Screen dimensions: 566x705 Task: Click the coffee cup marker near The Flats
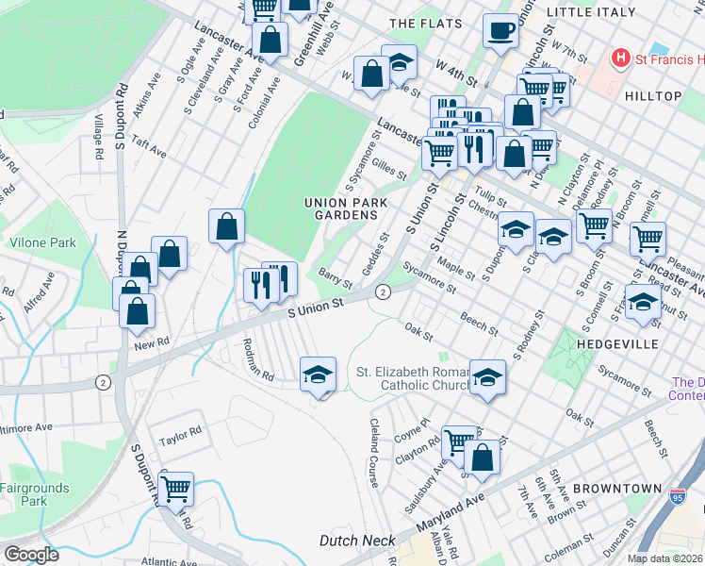click(x=500, y=29)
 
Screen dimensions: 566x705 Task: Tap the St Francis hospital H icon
click(x=620, y=58)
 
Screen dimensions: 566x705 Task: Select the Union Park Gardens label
click(x=340, y=208)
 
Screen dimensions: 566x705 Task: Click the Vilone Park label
click(x=42, y=242)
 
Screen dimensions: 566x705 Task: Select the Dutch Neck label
click(x=356, y=541)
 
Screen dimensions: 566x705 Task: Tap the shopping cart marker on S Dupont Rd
click(x=176, y=489)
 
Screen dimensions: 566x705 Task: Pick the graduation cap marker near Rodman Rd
click(x=318, y=375)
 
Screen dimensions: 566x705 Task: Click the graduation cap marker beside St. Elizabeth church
click(x=487, y=376)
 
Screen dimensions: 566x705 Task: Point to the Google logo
click(x=31, y=555)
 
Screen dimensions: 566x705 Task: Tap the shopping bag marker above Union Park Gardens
click(x=226, y=225)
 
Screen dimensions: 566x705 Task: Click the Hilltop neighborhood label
click(x=652, y=96)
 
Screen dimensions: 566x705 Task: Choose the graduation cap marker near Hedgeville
click(x=643, y=303)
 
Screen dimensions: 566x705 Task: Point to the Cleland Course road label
click(x=374, y=453)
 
